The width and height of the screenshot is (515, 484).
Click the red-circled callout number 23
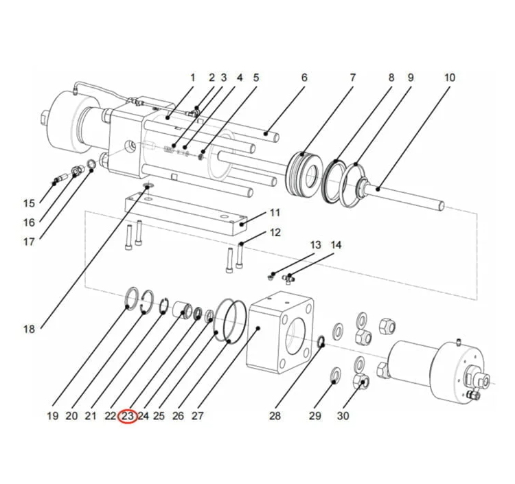[128, 415]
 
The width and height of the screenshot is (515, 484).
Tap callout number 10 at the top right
[449, 78]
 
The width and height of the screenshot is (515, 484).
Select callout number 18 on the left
[29, 329]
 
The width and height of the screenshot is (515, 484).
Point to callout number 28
[275, 415]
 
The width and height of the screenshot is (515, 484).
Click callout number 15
[29, 203]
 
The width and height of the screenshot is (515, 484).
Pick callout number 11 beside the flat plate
[275, 212]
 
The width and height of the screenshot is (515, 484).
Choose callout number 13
[315, 245]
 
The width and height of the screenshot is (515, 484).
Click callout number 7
[352, 78]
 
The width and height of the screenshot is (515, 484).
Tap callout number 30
[343, 415]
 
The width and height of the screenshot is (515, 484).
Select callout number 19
[53, 415]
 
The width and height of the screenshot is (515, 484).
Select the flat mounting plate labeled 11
[185, 212]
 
